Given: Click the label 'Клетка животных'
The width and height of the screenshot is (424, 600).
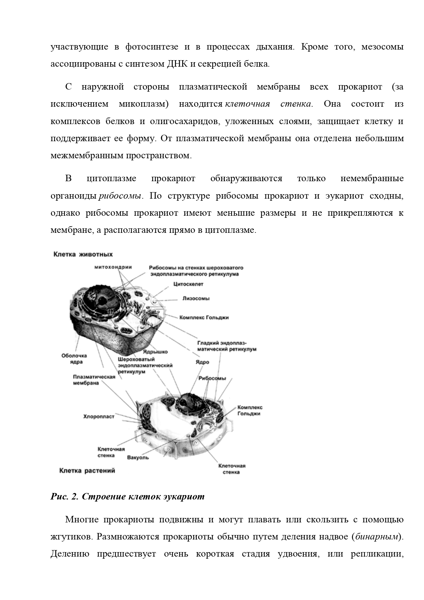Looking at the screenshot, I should click(83, 254).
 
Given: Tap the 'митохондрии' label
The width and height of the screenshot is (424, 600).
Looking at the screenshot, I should click(113, 267).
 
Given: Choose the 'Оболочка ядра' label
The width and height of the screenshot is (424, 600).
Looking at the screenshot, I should click(74, 359).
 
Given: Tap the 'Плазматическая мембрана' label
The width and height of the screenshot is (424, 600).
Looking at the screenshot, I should click(94, 380).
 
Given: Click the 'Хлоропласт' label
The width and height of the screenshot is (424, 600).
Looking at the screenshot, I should click(99, 416).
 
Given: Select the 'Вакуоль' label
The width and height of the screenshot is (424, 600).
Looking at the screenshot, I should click(138, 457).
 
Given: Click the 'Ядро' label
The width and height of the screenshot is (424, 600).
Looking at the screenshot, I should click(202, 362).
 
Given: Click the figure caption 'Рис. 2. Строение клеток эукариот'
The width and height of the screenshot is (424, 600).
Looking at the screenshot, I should click(127, 496).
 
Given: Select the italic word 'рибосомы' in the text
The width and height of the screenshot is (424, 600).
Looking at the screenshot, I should click(120, 196).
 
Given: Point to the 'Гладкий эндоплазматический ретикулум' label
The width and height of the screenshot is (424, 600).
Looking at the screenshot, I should click(227, 346).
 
